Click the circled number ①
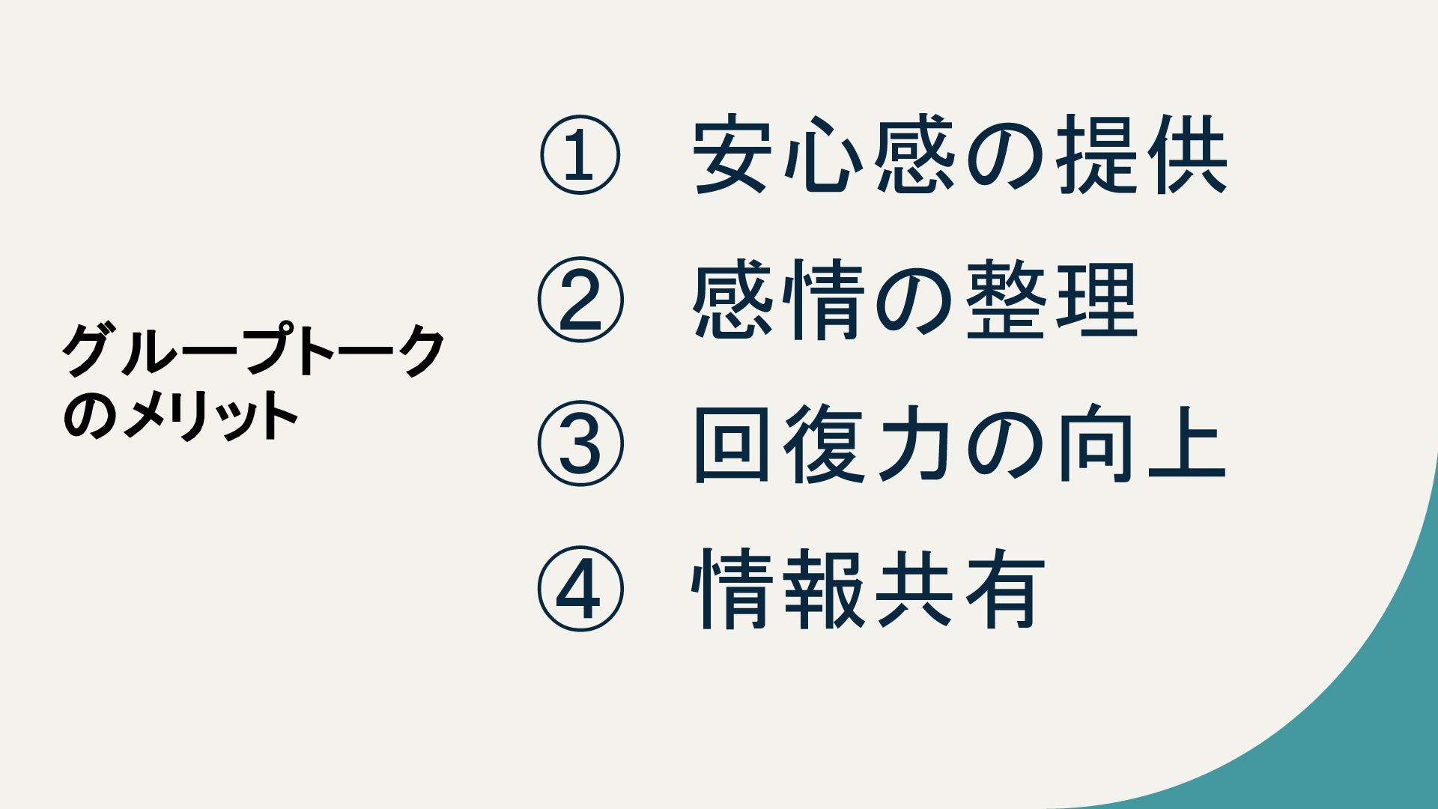point(580,156)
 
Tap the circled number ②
point(580,300)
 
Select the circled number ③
point(580,443)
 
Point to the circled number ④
point(580,588)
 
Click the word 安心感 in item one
point(824,156)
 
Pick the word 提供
point(1141,156)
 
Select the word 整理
point(1052,300)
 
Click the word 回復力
point(824,443)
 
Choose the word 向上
point(1141,443)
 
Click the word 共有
point(960,588)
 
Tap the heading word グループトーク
point(253,351)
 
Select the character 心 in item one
point(824,156)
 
